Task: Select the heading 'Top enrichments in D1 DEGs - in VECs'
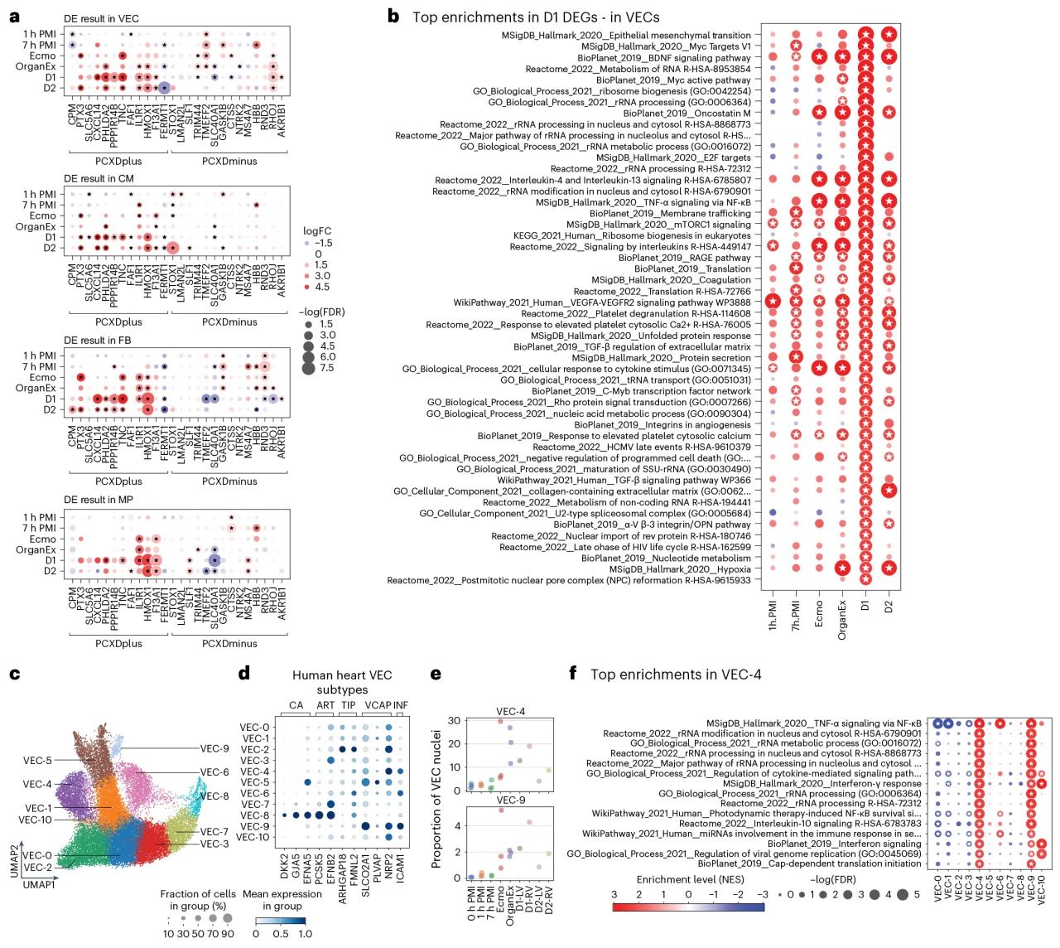point(536,17)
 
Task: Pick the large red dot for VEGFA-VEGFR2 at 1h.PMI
point(773,302)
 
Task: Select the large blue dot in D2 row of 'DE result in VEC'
point(164,88)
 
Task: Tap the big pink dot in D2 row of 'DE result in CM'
point(172,248)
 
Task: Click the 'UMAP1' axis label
point(39,885)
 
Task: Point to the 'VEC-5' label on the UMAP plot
point(37,761)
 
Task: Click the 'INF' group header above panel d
point(401,705)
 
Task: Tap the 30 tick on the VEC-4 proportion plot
point(454,720)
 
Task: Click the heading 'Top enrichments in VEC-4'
point(676,674)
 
